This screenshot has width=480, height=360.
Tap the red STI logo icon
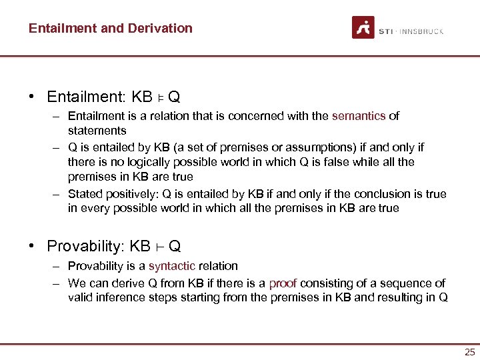pyautogui.click(x=363, y=28)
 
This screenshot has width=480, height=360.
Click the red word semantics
pyautogui.click(x=359, y=116)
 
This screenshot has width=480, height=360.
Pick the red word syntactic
pyautogui.click(x=171, y=266)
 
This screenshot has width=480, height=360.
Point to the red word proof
pyautogui.click(x=282, y=283)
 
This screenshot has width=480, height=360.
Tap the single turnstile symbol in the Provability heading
pyautogui.click(x=159, y=247)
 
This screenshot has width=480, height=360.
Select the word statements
pyautogui.click(x=97, y=131)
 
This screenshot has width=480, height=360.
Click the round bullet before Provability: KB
pyautogui.click(x=31, y=246)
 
